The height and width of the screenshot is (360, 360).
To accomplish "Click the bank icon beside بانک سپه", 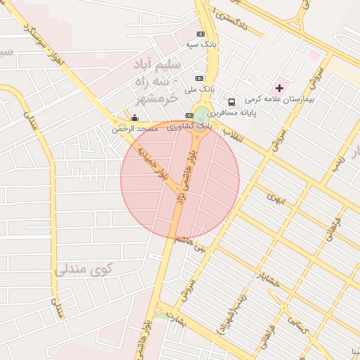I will (x=201, y=34).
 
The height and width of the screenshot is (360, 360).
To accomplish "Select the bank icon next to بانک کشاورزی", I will (x=188, y=115).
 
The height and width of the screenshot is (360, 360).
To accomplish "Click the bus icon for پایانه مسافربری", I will (x=232, y=102).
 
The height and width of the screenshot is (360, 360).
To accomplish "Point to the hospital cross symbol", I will (x=280, y=88).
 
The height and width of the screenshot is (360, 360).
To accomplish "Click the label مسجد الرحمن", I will (x=139, y=129).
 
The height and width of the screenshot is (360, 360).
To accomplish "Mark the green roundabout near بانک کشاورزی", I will (x=202, y=115).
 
